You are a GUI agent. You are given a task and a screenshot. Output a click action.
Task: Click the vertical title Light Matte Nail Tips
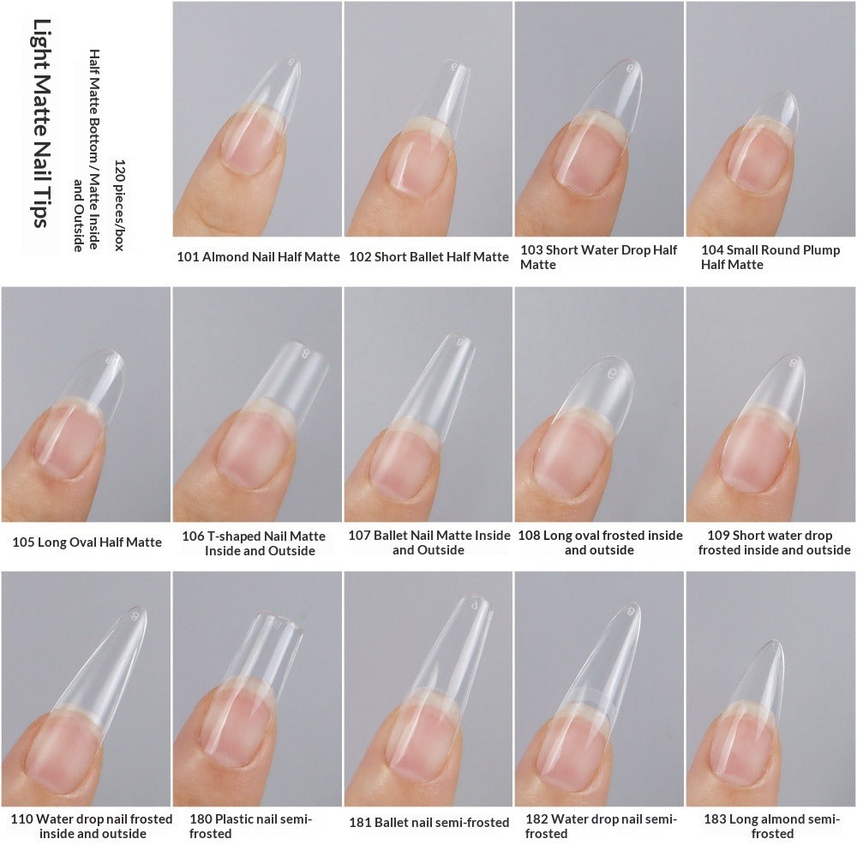click(x=39, y=123)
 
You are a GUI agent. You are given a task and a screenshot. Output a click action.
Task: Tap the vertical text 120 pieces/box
click(x=119, y=205)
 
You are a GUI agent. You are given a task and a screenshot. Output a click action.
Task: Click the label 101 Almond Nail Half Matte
click(x=258, y=256)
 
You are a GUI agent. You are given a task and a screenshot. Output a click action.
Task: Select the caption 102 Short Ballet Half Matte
click(x=428, y=256)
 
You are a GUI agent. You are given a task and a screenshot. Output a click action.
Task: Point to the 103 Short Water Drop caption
click(x=598, y=257)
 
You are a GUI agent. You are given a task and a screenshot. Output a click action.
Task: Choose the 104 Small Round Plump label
click(x=770, y=257)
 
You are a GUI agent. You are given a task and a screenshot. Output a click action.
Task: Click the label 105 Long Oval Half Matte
click(x=87, y=542)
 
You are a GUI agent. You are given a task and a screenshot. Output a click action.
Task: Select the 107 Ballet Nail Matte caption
click(x=428, y=542)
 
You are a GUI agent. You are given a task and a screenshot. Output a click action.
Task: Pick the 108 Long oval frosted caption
click(x=599, y=542)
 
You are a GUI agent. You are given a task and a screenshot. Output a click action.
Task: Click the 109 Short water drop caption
click(x=770, y=542)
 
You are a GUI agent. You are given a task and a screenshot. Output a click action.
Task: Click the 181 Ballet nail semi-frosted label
click(x=428, y=823)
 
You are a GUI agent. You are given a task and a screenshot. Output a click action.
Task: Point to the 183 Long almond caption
click(x=770, y=826)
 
